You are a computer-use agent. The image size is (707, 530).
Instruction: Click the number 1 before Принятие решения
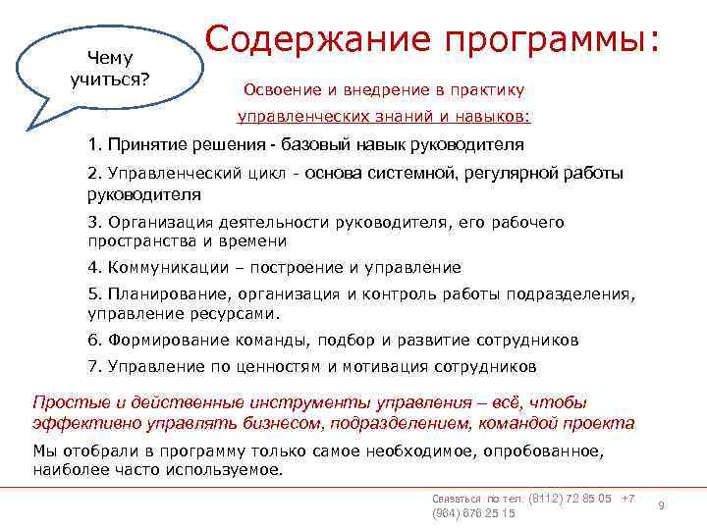click(x=91, y=147)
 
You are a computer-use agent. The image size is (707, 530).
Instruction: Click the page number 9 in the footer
click(x=661, y=504)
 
